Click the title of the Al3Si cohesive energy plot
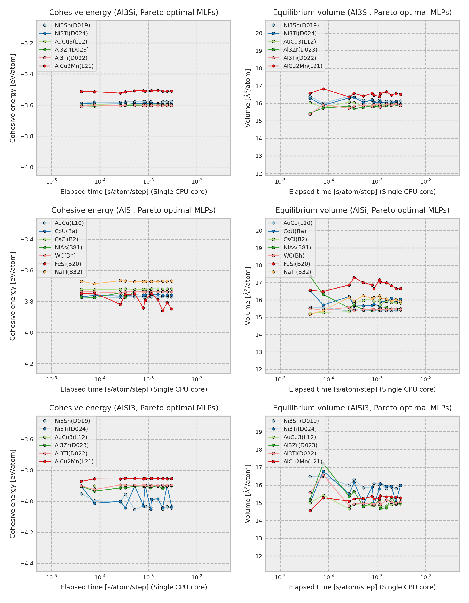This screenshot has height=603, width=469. (x=134, y=13)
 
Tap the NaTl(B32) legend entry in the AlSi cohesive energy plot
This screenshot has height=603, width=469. (x=68, y=272)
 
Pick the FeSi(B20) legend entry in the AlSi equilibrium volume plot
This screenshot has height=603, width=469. (x=296, y=264)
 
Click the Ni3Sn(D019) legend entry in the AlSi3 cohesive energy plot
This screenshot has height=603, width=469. (x=72, y=421)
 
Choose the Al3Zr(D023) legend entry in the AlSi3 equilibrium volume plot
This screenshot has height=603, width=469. (x=300, y=445)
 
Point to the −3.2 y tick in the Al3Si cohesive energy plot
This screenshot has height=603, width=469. (x=27, y=43)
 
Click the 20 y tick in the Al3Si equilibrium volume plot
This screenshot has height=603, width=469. (x=259, y=33)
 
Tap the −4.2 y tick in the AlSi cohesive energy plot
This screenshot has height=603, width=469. (x=27, y=364)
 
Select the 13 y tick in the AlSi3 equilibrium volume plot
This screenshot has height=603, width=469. (x=259, y=538)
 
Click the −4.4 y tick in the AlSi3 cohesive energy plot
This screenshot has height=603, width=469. (x=27, y=563)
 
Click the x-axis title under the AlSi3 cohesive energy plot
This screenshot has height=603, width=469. (x=134, y=587)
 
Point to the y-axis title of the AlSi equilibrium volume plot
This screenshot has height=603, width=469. (x=248, y=296)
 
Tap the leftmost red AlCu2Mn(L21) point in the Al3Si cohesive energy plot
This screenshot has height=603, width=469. (x=82, y=92)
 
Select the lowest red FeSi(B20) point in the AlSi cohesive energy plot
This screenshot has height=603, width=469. (x=163, y=311)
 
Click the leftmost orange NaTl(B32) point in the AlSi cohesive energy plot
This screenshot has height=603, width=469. (x=82, y=281)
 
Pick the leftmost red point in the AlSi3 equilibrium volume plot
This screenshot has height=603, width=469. (x=310, y=511)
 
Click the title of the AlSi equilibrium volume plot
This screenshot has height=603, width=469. (x=362, y=210)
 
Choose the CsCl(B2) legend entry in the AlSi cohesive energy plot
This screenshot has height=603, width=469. (x=66, y=239)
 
